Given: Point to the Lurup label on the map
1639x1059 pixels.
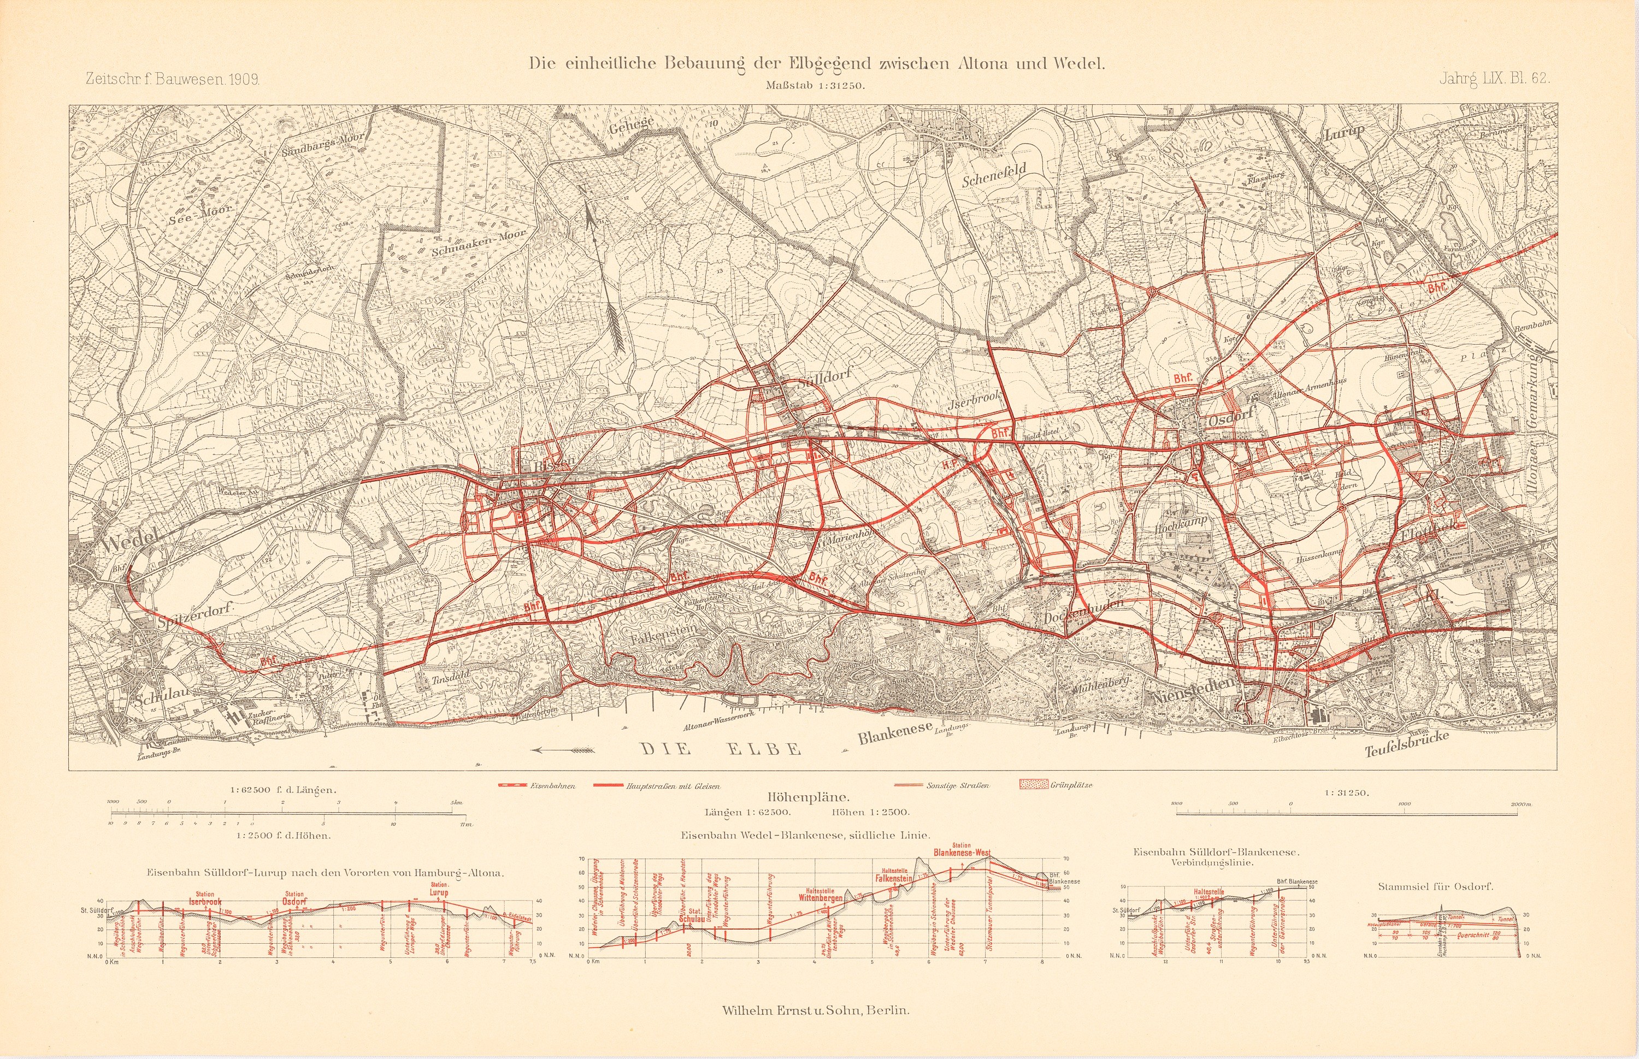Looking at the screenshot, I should point(1344,133).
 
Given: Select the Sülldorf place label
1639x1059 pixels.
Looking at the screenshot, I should point(824,380).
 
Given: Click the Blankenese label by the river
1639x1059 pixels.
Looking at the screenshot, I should point(895,733).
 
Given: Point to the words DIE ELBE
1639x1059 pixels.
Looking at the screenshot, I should point(722,749).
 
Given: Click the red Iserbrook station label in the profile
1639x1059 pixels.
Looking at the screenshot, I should point(205,901).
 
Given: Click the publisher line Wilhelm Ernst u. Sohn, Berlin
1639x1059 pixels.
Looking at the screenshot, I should point(816,1011).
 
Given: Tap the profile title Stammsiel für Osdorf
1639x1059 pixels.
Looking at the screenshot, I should point(1435,887).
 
